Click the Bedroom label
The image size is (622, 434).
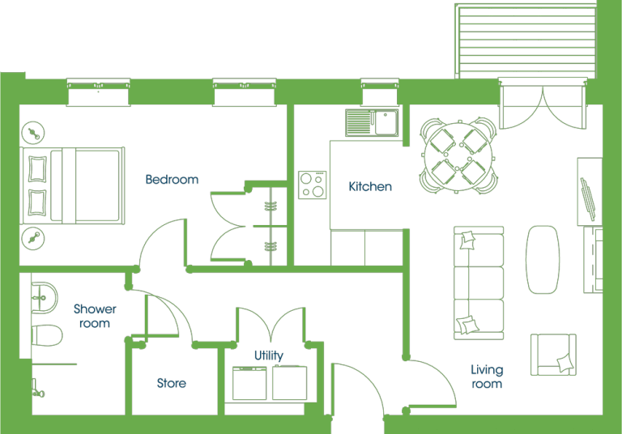172,179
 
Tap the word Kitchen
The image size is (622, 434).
370,186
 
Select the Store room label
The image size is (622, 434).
172,383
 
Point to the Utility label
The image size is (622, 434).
269,355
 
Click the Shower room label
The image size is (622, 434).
95,316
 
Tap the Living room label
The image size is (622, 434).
487,377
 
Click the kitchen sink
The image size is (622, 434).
372,122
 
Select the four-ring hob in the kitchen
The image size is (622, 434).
312,185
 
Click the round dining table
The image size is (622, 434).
458,156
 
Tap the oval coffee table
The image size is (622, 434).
543,260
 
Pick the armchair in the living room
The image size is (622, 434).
553,355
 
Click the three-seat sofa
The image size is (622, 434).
479,283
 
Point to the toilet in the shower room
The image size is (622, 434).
47,335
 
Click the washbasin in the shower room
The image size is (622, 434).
45,297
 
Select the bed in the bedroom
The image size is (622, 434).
73,185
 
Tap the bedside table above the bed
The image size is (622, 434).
33,133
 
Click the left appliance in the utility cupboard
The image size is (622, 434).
249,383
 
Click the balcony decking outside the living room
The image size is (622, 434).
525,40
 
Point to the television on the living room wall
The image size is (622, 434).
587,198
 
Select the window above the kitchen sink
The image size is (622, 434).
380,91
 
